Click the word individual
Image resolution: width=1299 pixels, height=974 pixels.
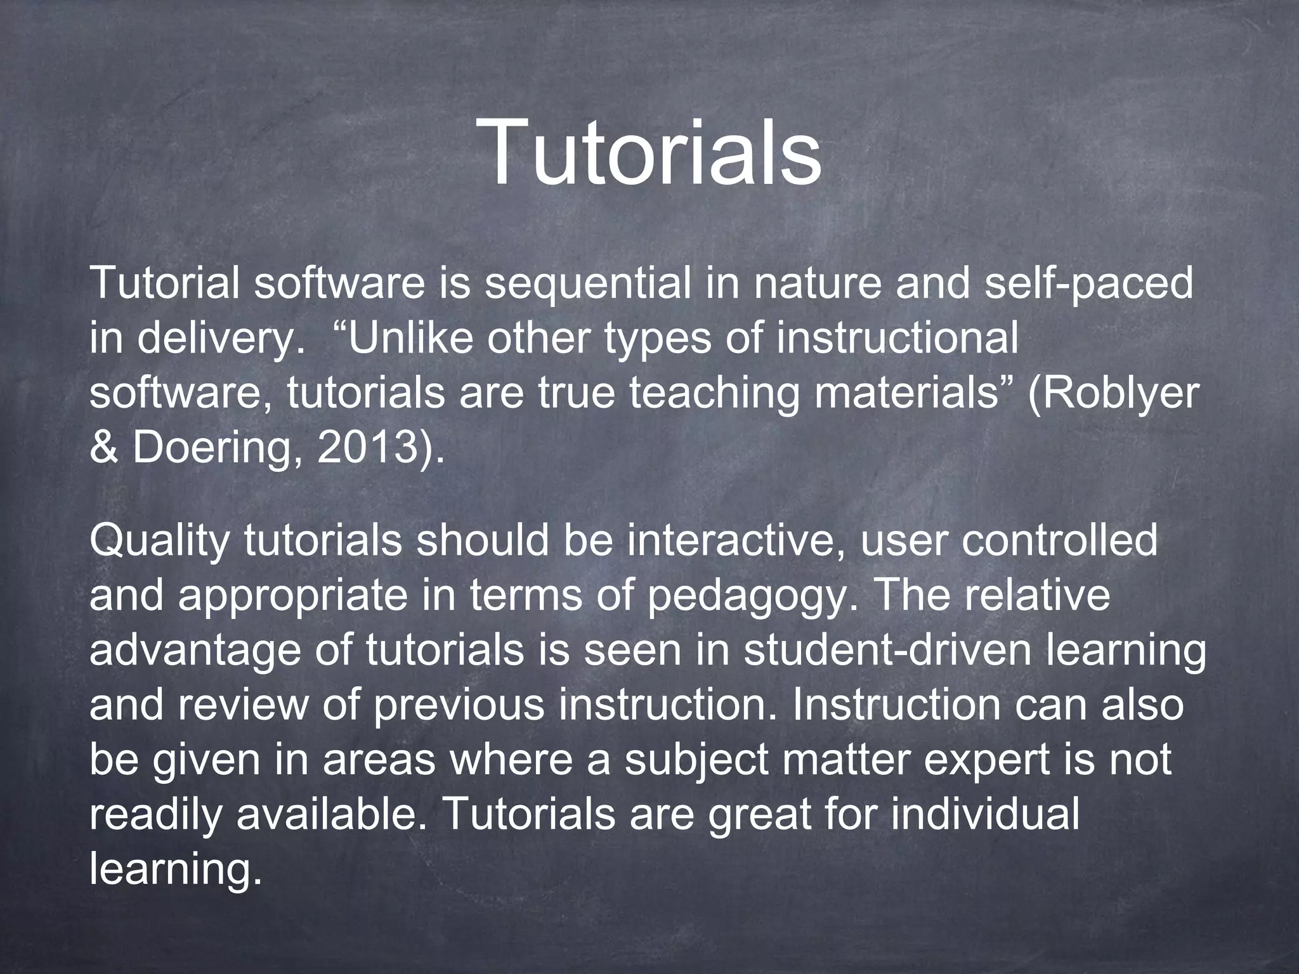[984, 815]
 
